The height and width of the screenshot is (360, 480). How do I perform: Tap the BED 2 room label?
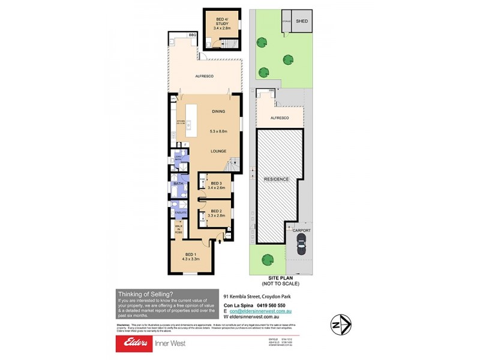click(x=216, y=211)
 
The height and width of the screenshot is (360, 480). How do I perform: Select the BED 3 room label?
click(x=216, y=182)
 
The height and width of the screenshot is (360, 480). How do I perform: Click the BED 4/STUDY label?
click(x=223, y=22)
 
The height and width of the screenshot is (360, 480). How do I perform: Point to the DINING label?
click(x=218, y=112)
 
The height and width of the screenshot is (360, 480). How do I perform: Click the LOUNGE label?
click(x=218, y=152)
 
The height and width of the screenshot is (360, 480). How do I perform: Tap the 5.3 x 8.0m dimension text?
click(x=220, y=131)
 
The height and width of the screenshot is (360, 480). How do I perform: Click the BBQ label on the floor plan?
click(x=193, y=35)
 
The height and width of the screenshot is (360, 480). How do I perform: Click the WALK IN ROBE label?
click(x=179, y=228)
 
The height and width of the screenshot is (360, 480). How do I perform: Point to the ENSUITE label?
click(x=179, y=212)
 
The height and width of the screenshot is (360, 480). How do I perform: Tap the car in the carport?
click(x=301, y=245)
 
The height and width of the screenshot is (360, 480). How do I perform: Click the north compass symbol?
click(x=340, y=325)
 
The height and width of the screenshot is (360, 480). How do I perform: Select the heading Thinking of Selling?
click(x=146, y=293)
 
